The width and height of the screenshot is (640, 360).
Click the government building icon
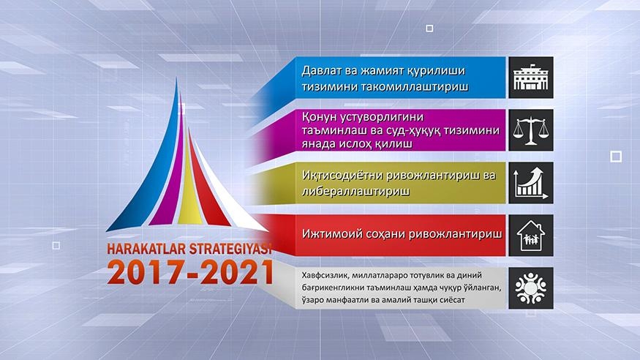pyautogui.click(x=530, y=78)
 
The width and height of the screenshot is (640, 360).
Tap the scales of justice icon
pyautogui.click(x=530, y=130)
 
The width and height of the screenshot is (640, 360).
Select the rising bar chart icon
pyautogui.click(x=530, y=183)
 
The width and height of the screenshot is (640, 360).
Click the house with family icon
pyautogui.click(x=530, y=236)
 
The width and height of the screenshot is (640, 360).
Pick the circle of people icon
pyautogui.click(x=530, y=288)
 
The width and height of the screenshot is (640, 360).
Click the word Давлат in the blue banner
pyautogui.click(x=321, y=71)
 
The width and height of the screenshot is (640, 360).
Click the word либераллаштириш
pyautogui.click(x=355, y=192)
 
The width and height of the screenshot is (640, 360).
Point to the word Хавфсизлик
pyautogui.click(x=325, y=276)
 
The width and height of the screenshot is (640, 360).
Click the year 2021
pyautogui.click(x=237, y=272)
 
